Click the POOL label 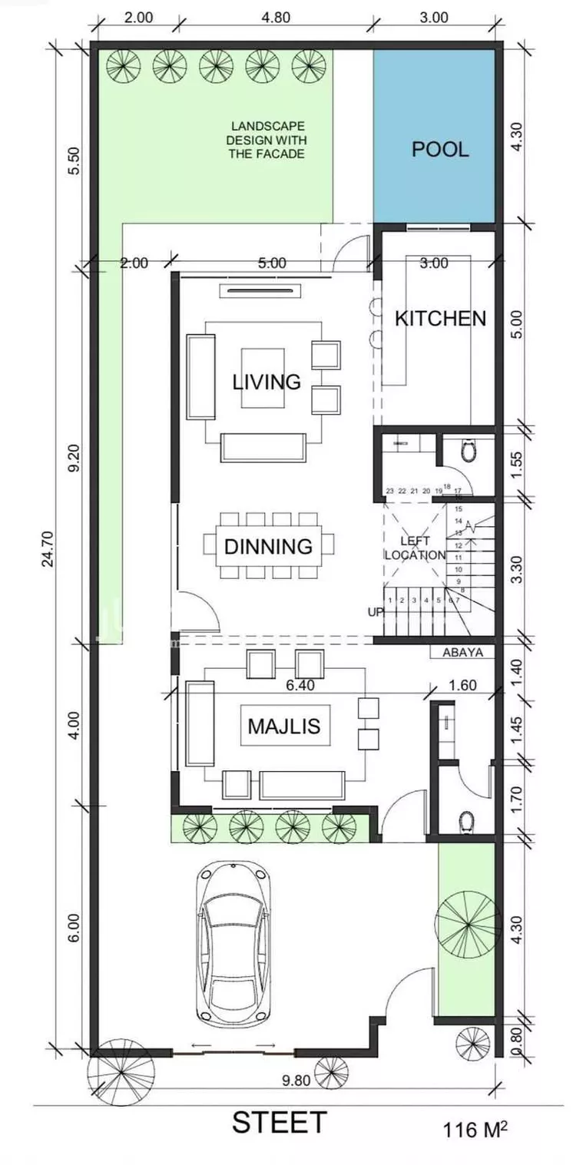point(440,149)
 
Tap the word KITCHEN point(440,318)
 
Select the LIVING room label point(266,382)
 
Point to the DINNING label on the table point(269,546)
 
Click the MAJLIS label point(283,726)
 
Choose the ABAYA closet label point(462,652)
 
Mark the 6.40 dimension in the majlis point(300,685)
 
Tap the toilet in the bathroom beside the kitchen point(468,451)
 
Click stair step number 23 point(389,491)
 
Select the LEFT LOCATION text point(415,548)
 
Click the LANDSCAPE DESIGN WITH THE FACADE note point(266,140)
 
